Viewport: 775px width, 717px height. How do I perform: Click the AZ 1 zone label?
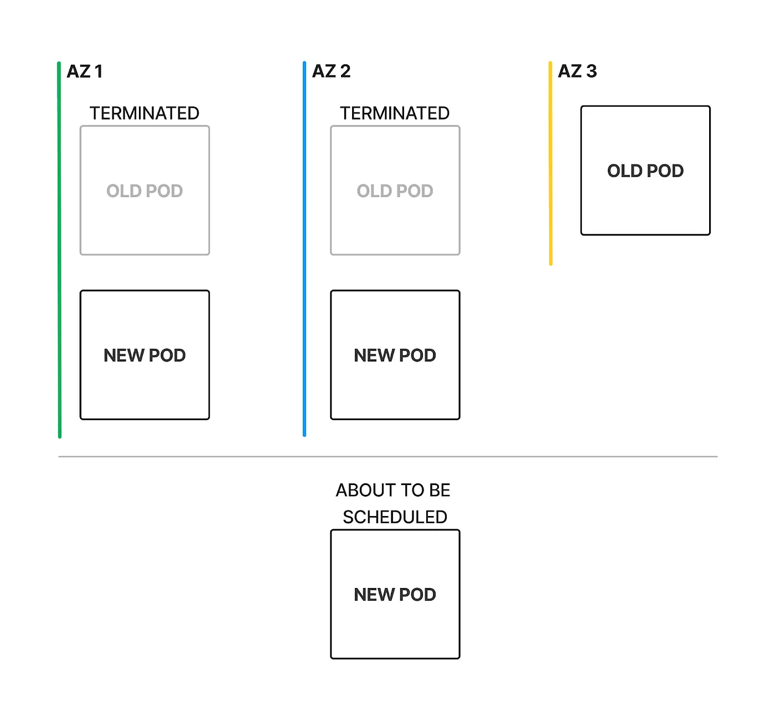[85, 71]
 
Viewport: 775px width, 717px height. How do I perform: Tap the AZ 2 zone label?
[331, 71]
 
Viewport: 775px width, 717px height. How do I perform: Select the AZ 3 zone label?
[577, 71]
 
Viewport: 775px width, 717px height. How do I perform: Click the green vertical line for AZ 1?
[59, 249]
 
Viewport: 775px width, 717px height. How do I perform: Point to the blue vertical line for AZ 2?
[304, 249]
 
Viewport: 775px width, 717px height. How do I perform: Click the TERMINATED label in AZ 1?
[144, 114]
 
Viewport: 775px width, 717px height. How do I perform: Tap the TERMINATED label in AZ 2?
[395, 114]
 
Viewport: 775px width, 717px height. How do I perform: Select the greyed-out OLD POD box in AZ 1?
[144, 221]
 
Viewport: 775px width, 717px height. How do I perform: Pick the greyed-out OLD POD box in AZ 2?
[395, 221]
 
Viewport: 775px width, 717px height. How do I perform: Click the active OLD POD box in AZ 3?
[645, 205]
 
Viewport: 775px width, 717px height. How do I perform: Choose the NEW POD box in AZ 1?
[144, 388]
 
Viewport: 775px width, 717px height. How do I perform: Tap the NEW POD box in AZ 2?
[395, 388]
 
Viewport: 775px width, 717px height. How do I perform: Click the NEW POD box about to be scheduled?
[395, 626]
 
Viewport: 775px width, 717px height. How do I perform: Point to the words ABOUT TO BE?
[393, 491]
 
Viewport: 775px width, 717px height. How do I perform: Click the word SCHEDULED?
[395, 517]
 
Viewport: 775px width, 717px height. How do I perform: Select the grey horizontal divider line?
[387, 457]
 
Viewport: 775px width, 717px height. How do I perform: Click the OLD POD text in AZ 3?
[645, 171]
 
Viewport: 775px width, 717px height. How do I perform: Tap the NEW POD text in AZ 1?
[144, 355]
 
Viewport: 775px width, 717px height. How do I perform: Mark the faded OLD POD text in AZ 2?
[395, 191]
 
